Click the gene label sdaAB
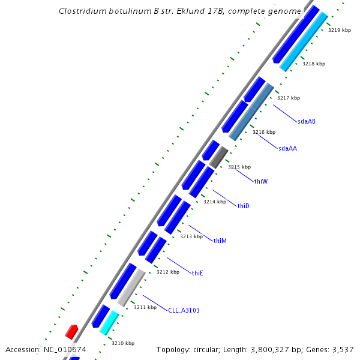(306, 121)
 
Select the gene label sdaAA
(287, 148)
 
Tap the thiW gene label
(260, 181)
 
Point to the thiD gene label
(243, 206)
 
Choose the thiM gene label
(220, 241)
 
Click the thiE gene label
(197, 273)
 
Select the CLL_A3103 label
(184, 310)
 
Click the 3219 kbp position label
(339, 30)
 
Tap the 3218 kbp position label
(313, 64)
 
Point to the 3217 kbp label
(288, 98)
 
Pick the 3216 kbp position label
(263, 132)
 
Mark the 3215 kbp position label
(239, 167)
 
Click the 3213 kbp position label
(191, 236)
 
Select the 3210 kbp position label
(122, 343)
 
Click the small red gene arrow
(71, 331)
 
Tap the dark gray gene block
(218, 157)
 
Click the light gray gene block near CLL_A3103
(131, 287)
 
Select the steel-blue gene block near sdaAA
(251, 112)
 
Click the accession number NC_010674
(65, 349)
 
